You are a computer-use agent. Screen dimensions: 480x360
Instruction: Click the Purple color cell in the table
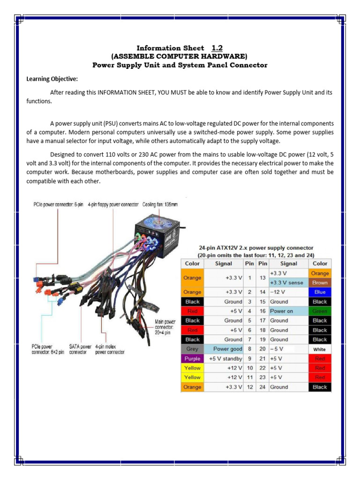pyautogui.click(x=192, y=359)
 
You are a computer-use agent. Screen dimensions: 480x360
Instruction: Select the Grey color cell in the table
pyautogui.click(x=192, y=349)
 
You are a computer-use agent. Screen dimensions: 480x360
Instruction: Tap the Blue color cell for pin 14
pyautogui.click(x=320, y=292)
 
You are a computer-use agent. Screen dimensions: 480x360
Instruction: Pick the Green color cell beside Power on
pyautogui.click(x=320, y=311)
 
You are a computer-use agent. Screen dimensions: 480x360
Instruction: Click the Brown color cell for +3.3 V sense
pyautogui.click(x=320, y=283)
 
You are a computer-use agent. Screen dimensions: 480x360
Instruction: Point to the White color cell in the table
pyautogui.click(x=320, y=349)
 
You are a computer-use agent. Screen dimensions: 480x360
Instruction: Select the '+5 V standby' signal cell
pyautogui.click(x=224, y=359)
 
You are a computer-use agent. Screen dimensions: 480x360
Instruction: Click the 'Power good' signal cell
pyautogui.click(x=224, y=349)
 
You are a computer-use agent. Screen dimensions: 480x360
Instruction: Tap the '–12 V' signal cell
pyautogui.click(x=288, y=292)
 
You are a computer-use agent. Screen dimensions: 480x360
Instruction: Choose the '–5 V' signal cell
pyautogui.click(x=288, y=349)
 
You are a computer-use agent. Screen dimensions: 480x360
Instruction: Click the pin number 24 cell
pyautogui.click(x=262, y=387)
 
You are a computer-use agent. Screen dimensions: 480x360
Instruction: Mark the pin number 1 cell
pyautogui.click(x=250, y=278)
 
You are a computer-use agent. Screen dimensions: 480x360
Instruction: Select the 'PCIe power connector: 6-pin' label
pyautogui.click(x=58, y=205)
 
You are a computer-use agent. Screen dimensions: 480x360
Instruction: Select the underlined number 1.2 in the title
pyautogui.click(x=217, y=48)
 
